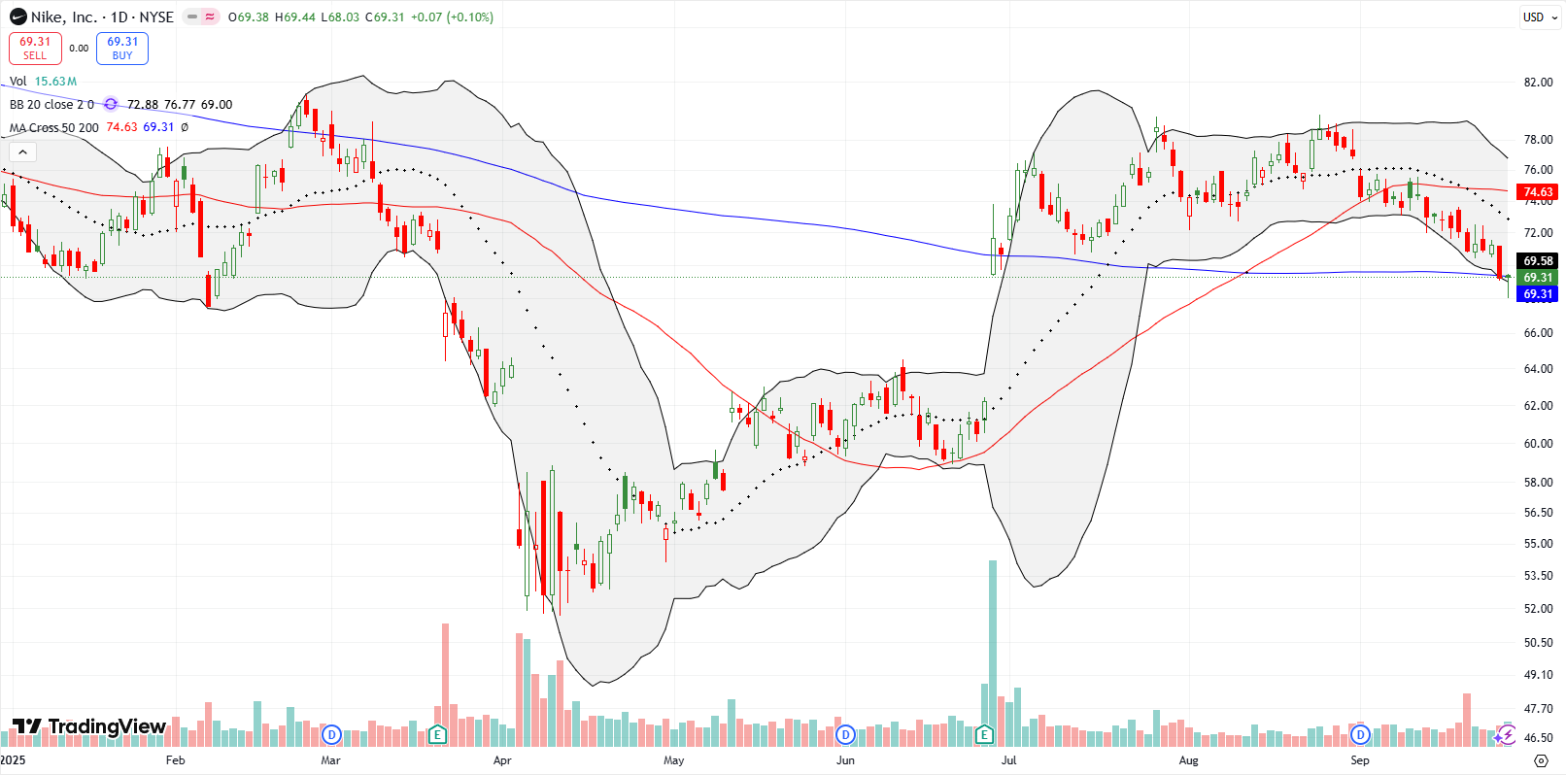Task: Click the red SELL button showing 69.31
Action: [35, 49]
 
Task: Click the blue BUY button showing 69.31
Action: [122, 49]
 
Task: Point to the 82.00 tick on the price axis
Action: [1538, 83]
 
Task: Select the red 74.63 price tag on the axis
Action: [1538, 192]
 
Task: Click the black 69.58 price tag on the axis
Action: [1538, 261]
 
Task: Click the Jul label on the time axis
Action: [1008, 760]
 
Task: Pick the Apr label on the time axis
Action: [502, 760]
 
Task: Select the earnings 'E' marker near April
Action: [437, 734]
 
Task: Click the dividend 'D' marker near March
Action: [331, 734]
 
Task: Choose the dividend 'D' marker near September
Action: [1360, 734]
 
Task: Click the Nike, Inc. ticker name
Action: [63, 17]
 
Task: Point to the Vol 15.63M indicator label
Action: [43, 82]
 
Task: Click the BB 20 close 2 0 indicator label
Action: [51, 105]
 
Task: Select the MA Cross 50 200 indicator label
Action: [54, 127]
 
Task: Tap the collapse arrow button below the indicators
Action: [22, 152]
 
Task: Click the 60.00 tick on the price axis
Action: [1538, 444]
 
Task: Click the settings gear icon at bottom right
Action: [1540, 760]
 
